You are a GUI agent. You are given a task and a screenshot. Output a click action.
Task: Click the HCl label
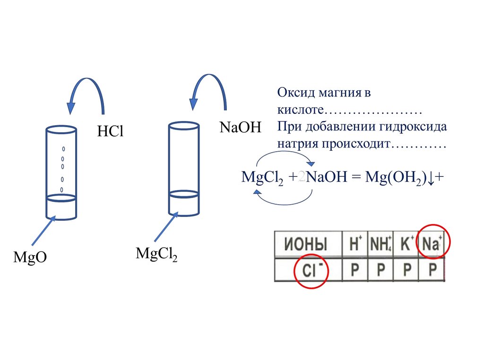click(x=110, y=132)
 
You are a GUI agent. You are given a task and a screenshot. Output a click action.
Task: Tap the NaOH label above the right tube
click(x=240, y=127)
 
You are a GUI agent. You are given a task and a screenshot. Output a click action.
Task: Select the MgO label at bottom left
click(x=30, y=258)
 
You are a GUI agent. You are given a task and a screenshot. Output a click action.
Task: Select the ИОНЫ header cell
click(x=306, y=245)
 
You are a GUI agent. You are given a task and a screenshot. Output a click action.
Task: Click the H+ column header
click(x=355, y=244)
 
